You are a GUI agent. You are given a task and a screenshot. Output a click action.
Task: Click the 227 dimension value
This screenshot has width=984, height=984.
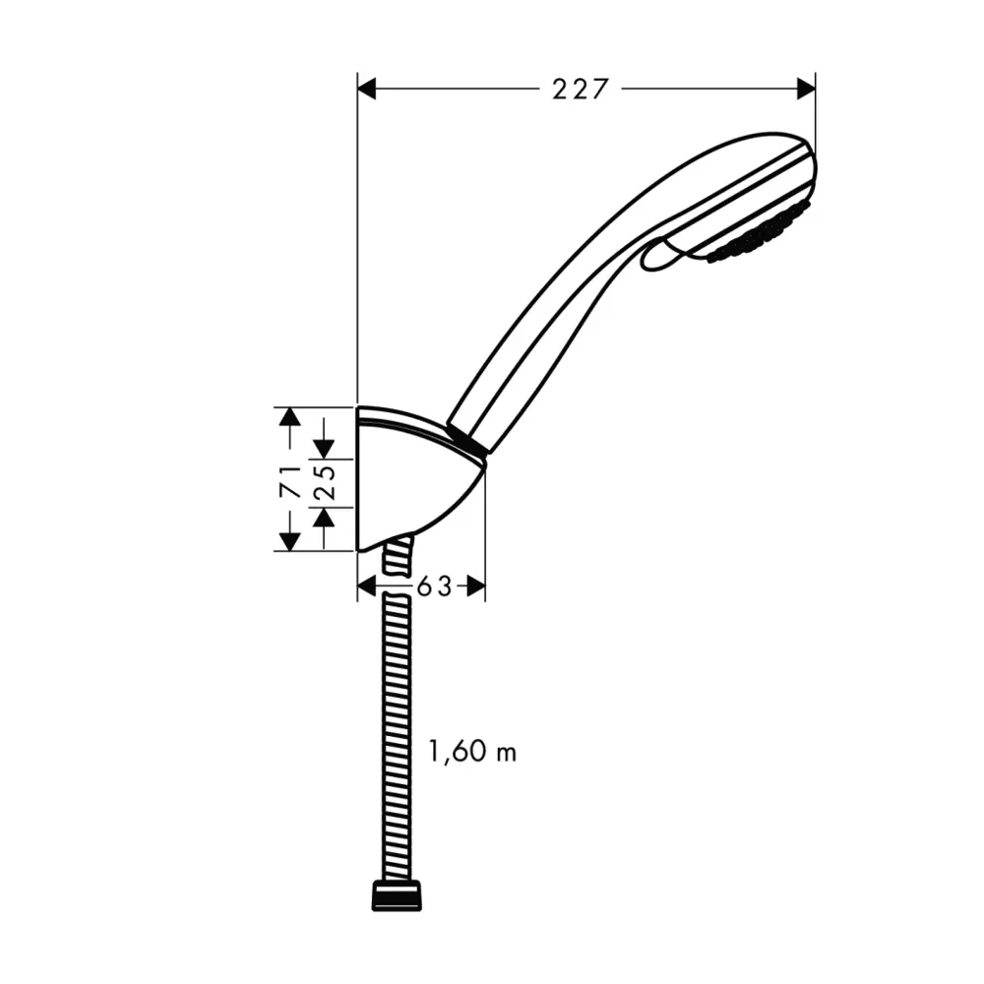(x=581, y=90)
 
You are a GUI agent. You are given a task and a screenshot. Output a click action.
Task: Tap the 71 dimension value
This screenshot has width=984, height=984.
(x=289, y=479)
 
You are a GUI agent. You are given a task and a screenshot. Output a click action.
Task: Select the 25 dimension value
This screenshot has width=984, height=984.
(x=326, y=481)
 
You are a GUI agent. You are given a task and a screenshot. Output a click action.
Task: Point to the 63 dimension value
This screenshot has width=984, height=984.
(x=433, y=586)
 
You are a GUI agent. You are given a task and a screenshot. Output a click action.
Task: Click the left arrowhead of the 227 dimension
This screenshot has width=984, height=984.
(x=367, y=90)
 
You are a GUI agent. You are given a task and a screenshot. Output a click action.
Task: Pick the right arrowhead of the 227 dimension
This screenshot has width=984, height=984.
(x=805, y=90)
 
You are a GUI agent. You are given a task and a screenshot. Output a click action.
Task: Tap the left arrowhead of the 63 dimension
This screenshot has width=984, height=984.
(x=367, y=586)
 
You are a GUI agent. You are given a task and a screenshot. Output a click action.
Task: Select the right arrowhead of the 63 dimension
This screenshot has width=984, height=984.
(x=475, y=586)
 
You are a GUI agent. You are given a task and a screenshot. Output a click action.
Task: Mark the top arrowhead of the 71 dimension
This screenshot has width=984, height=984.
(x=288, y=417)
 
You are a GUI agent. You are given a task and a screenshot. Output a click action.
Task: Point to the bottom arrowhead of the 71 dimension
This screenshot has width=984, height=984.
(x=288, y=540)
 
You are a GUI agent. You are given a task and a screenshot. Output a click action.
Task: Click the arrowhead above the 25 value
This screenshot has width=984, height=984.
(x=325, y=449)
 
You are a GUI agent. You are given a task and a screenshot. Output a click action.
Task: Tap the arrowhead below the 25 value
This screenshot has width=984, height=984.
(x=325, y=516)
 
